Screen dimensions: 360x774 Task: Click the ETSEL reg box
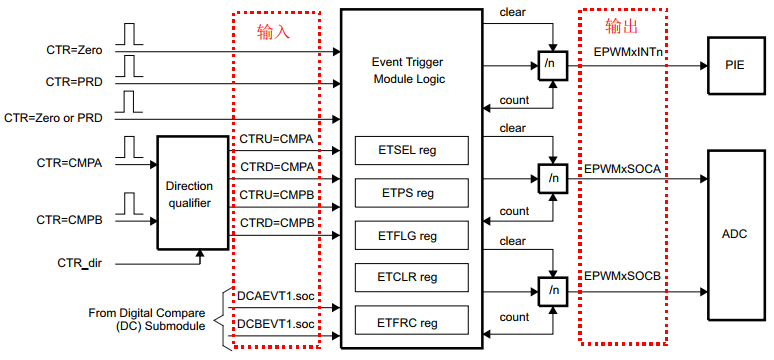pyautogui.click(x=411, y=150)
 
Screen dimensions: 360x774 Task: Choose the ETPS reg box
pyautogui.click(x=411, y=193)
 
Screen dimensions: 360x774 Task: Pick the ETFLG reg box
pyautogui.click(x=411, y=235)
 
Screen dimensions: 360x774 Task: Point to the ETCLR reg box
pyautogui.click(x=411, y=278)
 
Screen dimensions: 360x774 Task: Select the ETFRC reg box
pyautogui.click(x=411, y=322)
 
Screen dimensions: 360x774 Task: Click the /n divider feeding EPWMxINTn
pyautogui.click(x=549, y=64)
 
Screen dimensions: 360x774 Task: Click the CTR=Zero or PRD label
pyautogui.click(x=54, y=117)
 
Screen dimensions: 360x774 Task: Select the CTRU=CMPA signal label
pyautogui.click(x=276, y=137)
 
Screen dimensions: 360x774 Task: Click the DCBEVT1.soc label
pyautogui.click(x=274, y=323)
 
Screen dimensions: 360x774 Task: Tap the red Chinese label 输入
pyautogui.click(x=275, y=32)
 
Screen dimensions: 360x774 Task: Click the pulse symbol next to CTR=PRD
pyautogui.click(x=130, y=67)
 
